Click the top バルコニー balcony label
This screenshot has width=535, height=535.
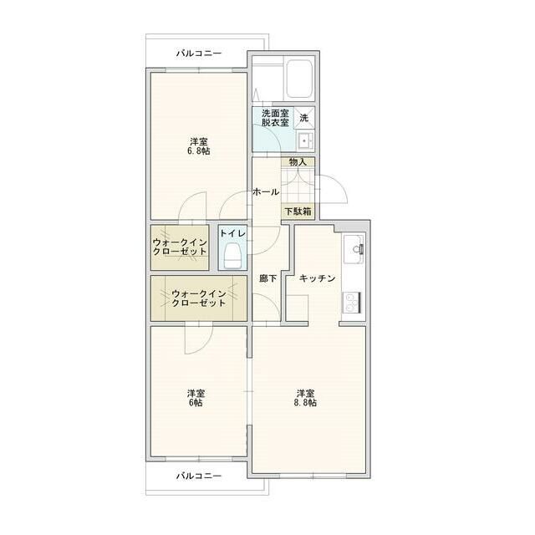[x=198, y=53]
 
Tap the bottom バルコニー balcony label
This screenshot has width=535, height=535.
[x=198, y=476]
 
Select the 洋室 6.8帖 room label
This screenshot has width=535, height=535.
[x=198, y=146]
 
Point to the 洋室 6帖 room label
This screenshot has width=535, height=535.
[x=196, y=397]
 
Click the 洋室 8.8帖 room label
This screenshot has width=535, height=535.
[x=305, y=397]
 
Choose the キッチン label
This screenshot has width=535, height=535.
[x=318, y=278]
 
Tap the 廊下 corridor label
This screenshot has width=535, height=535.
[x=267, y=278]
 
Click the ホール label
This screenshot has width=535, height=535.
[x=266, y=192]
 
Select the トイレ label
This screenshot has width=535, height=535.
[x=233, y=234]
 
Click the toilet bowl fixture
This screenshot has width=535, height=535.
[x=233, y=256]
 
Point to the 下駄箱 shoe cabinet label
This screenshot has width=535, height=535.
[x=297, y=211]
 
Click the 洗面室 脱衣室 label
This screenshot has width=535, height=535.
[x=274, y=118]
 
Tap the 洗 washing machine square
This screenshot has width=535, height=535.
[x=304, y=117]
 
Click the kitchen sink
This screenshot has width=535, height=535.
[x=354, y=249]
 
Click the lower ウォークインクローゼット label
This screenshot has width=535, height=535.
[x=199, y=298]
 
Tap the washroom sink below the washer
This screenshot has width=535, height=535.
[x=304, y=140]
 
